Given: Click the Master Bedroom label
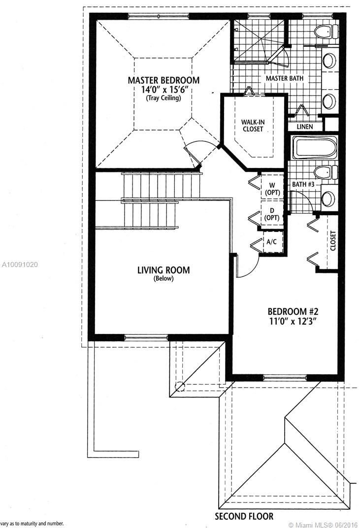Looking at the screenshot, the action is tap(164, 80).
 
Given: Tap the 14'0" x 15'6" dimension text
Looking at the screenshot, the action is tap(164, 90).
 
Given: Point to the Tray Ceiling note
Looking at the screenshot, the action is tap(164, 98).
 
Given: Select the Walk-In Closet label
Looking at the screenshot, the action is tap(252, 125).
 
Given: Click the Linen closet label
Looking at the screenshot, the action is tap(305, 127).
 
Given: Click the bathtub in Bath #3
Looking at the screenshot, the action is tap(315, 147).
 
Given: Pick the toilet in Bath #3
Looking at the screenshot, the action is tap(326, 172).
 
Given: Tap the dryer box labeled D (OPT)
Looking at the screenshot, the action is tap(272, 213).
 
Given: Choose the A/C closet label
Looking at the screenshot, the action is tap(272, 242).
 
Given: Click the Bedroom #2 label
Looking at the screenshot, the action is tap(293, 311).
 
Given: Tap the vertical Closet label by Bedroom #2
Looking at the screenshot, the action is tap(333, 240).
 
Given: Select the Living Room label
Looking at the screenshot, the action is tap(164, 270).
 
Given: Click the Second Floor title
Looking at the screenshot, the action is tap(244, 516).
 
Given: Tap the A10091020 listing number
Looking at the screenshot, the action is tap(20, 264).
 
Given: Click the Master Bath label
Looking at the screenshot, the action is tap(285, 78).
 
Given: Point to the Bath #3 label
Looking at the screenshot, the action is tap(303, 184).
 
